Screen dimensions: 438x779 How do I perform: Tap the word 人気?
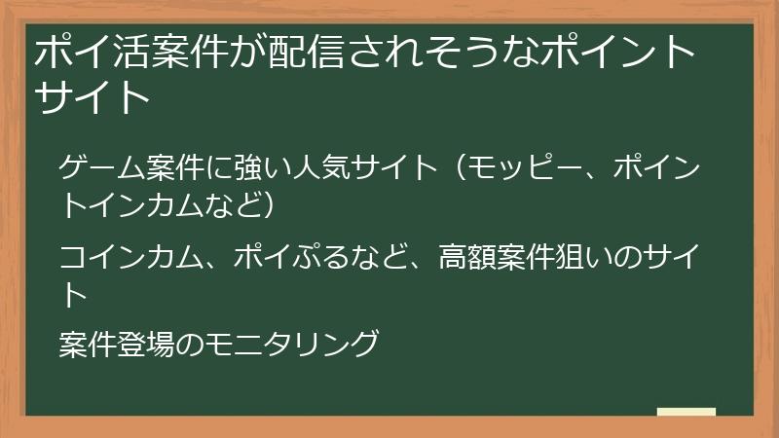coord(313,167)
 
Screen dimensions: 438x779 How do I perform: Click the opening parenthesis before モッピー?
coord(456,167)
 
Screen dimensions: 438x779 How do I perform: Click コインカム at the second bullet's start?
coord(122,257)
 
